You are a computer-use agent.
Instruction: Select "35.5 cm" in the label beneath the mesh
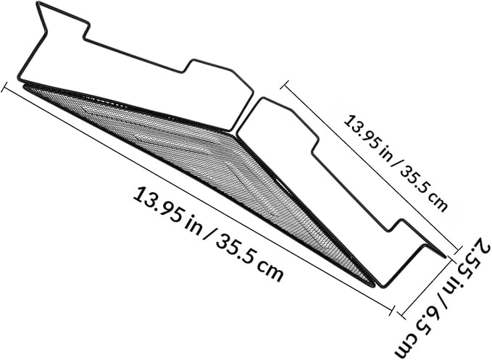pos(249,256)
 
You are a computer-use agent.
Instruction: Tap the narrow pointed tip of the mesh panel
pos(373,285)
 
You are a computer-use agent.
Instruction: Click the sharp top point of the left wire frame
pos(38,3)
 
